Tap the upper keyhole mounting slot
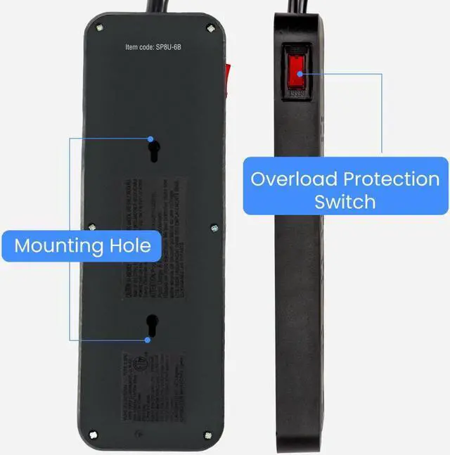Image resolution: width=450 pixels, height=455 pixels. coord(152,149)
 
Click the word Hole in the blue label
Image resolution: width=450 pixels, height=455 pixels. coord(129,245)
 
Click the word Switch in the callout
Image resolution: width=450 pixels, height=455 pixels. coord(345,202)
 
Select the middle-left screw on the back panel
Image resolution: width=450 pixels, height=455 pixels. coord(92,226)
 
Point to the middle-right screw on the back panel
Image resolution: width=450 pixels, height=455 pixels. coord(214,227)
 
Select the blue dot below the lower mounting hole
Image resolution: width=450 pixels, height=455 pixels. coord(148,340)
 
